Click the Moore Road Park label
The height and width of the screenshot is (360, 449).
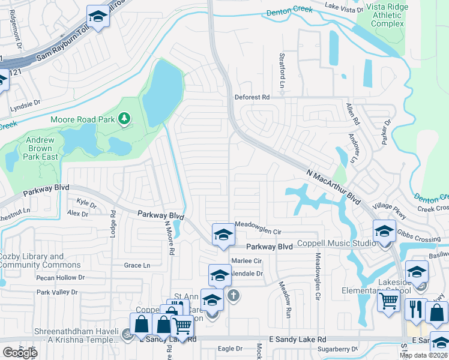82,119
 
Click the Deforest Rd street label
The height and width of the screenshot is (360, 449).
252,97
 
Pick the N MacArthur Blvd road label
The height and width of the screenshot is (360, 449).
336,185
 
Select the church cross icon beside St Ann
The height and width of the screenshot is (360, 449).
234,295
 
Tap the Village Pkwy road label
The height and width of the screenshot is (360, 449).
390,211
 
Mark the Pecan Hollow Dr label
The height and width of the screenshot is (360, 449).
60,278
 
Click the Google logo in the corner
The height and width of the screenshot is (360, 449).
19,352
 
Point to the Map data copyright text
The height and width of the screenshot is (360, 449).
424,355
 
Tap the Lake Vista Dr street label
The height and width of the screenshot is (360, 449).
344,8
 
